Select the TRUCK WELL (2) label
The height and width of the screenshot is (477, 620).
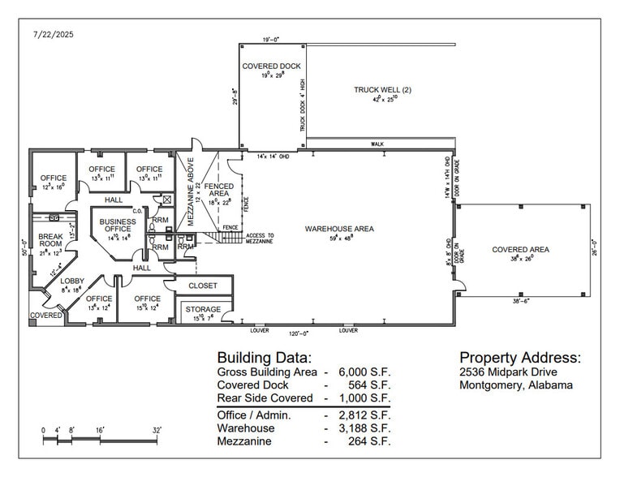tap(382, 89)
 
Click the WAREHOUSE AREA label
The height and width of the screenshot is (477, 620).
tap(339, 229)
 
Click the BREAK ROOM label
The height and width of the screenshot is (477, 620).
tap(50, 240)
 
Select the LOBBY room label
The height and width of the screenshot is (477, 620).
tap(71, 281)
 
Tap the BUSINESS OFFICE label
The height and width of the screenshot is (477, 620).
tap(118, 225)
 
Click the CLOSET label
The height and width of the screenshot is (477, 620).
tap(202, 286)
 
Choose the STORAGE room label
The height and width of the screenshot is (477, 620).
tap(203, 309)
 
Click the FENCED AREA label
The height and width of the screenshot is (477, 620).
tap(219, 190)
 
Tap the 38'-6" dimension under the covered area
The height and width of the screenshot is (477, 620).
tap(522, 300)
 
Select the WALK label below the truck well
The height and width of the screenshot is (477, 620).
tap(377, 144)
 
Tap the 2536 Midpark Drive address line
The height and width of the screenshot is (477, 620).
tap(508, 372)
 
